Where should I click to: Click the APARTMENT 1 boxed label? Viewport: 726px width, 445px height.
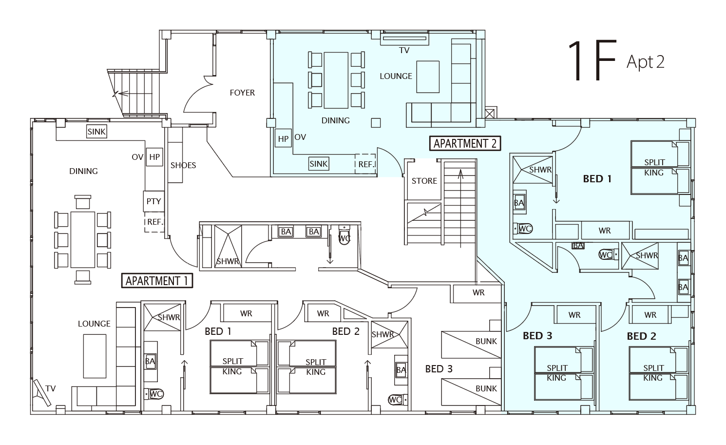(157, 281)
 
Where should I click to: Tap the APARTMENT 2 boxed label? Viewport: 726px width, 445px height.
(465, 143)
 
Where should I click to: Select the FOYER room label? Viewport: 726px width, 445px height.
(242, 93)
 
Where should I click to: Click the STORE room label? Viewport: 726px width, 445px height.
(424, 181)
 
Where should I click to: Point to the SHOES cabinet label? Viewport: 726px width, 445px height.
(183, 165)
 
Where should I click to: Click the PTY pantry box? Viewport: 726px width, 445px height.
(153, 201)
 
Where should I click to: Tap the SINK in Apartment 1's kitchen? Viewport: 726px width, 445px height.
(96, 131)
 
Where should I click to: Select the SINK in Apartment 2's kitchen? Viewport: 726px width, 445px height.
(319, 164)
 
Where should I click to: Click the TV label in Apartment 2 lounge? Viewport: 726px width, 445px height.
(404, 50)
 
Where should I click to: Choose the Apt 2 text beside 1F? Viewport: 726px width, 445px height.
(646, 62)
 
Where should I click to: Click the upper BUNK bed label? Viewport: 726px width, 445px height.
(486, 341)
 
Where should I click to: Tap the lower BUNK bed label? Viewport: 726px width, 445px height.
(486, 388)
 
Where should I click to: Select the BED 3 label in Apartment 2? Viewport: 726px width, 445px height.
(537, 336)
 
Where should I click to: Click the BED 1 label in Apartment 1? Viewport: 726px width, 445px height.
(218, 331)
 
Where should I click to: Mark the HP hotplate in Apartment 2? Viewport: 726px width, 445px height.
(283, 139)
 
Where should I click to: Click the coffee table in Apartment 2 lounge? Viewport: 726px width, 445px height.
(428, 77)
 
